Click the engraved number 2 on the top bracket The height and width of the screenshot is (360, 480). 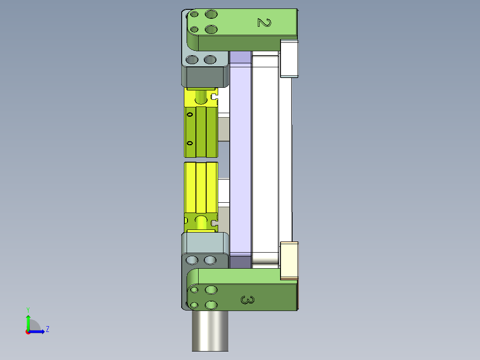coord(264,22)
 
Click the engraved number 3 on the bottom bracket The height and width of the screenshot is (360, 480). coord(248,300)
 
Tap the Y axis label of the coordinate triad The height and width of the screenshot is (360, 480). coord(28,309)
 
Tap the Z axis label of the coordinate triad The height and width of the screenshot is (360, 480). coord(48,329)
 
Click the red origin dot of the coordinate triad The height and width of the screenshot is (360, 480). coord(28,332)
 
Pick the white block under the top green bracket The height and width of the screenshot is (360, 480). coord(289,58)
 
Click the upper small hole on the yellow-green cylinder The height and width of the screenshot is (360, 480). coord(190,115)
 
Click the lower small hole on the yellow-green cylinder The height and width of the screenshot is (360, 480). coord(190,143)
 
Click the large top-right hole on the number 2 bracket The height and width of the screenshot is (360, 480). coord(211,14)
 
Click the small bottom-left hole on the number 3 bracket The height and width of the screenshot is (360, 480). coord(194,305)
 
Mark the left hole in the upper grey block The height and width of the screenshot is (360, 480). coord(192,60)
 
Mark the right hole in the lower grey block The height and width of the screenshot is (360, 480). coord(210,260)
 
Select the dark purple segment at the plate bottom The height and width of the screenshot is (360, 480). coord(240,262)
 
